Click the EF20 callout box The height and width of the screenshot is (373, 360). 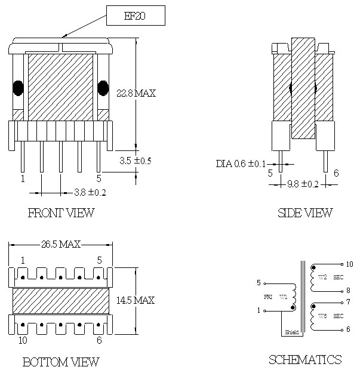point(136,16)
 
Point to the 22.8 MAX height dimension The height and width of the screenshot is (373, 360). point(136,93)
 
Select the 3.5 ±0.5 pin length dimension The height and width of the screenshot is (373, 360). point(135,161)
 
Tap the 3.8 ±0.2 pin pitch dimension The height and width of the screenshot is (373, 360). point(90,192)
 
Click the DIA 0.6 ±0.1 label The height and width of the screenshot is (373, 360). point(241,164)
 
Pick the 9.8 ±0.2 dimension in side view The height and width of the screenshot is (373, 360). point(303,184)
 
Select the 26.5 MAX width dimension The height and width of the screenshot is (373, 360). point(61,244)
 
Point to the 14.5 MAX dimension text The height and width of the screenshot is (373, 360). point(136,300)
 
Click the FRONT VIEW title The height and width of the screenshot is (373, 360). point(61,212)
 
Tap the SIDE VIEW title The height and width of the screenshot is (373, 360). point(305,212)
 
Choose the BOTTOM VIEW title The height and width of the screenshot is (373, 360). point(61,362)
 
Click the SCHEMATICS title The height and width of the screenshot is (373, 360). point(305,359)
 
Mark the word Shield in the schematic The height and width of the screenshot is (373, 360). point(292,332)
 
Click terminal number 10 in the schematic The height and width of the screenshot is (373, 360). point(349,264)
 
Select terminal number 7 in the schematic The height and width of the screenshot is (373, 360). point(348,302)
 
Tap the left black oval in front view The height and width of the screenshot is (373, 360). point(18,88)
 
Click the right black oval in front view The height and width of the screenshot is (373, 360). point(103,88)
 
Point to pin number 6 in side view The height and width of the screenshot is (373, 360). point(336,173)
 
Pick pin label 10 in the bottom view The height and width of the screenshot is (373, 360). point(23,340)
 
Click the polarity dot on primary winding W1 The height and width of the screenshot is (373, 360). point(293,308)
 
